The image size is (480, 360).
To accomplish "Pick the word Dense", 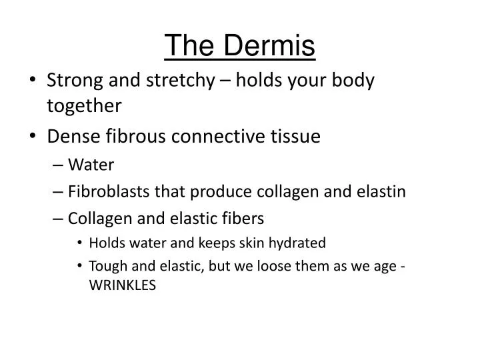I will tap(71, 137).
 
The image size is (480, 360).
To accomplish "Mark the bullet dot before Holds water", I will tap(81, 243).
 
